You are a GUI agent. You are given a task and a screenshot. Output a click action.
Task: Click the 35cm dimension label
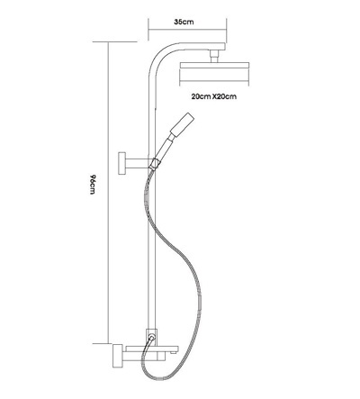pos(184,22)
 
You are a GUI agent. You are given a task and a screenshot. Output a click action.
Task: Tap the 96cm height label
pos(93,184)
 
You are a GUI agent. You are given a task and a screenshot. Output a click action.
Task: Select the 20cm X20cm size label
pos(214,96)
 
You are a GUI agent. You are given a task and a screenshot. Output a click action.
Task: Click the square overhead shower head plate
pos(214,66)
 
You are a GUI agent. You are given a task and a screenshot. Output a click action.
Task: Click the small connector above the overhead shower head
pos(214,57)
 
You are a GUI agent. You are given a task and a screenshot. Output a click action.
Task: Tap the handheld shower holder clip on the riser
pos(155,164)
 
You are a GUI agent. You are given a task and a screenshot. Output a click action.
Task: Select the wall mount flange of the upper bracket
pos(122,163)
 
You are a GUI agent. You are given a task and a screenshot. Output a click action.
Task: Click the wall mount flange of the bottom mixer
pos(116,356)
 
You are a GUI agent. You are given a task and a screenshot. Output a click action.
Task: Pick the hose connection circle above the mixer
pos(152,338)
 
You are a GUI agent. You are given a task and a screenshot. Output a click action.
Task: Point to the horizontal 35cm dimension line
pos(187,30)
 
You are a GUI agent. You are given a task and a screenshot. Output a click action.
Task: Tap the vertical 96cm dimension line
pos(108,193)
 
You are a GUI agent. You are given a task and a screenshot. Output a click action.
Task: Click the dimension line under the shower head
pos(214,86)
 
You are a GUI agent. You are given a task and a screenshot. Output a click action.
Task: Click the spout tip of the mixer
pos(175,349)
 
